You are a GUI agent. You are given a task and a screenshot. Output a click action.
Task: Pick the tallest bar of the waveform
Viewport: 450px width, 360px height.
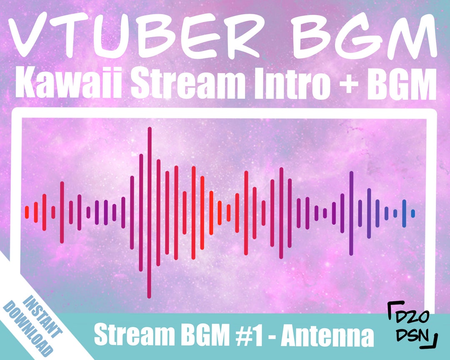pyautogui.click(x=149, y=212)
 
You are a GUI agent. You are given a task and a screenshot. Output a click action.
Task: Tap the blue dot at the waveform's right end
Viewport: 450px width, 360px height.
pyautogui.click(x=413, y=213)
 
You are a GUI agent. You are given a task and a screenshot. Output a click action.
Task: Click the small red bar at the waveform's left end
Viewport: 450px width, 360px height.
pyautogui.click(x=27, y=212)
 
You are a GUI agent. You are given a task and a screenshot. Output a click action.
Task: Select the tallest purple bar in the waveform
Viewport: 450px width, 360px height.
pyautogui.click(x=351, y=213)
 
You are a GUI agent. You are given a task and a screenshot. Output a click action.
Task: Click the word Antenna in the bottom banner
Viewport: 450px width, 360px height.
pyautogui.click(x=327, y=336)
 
